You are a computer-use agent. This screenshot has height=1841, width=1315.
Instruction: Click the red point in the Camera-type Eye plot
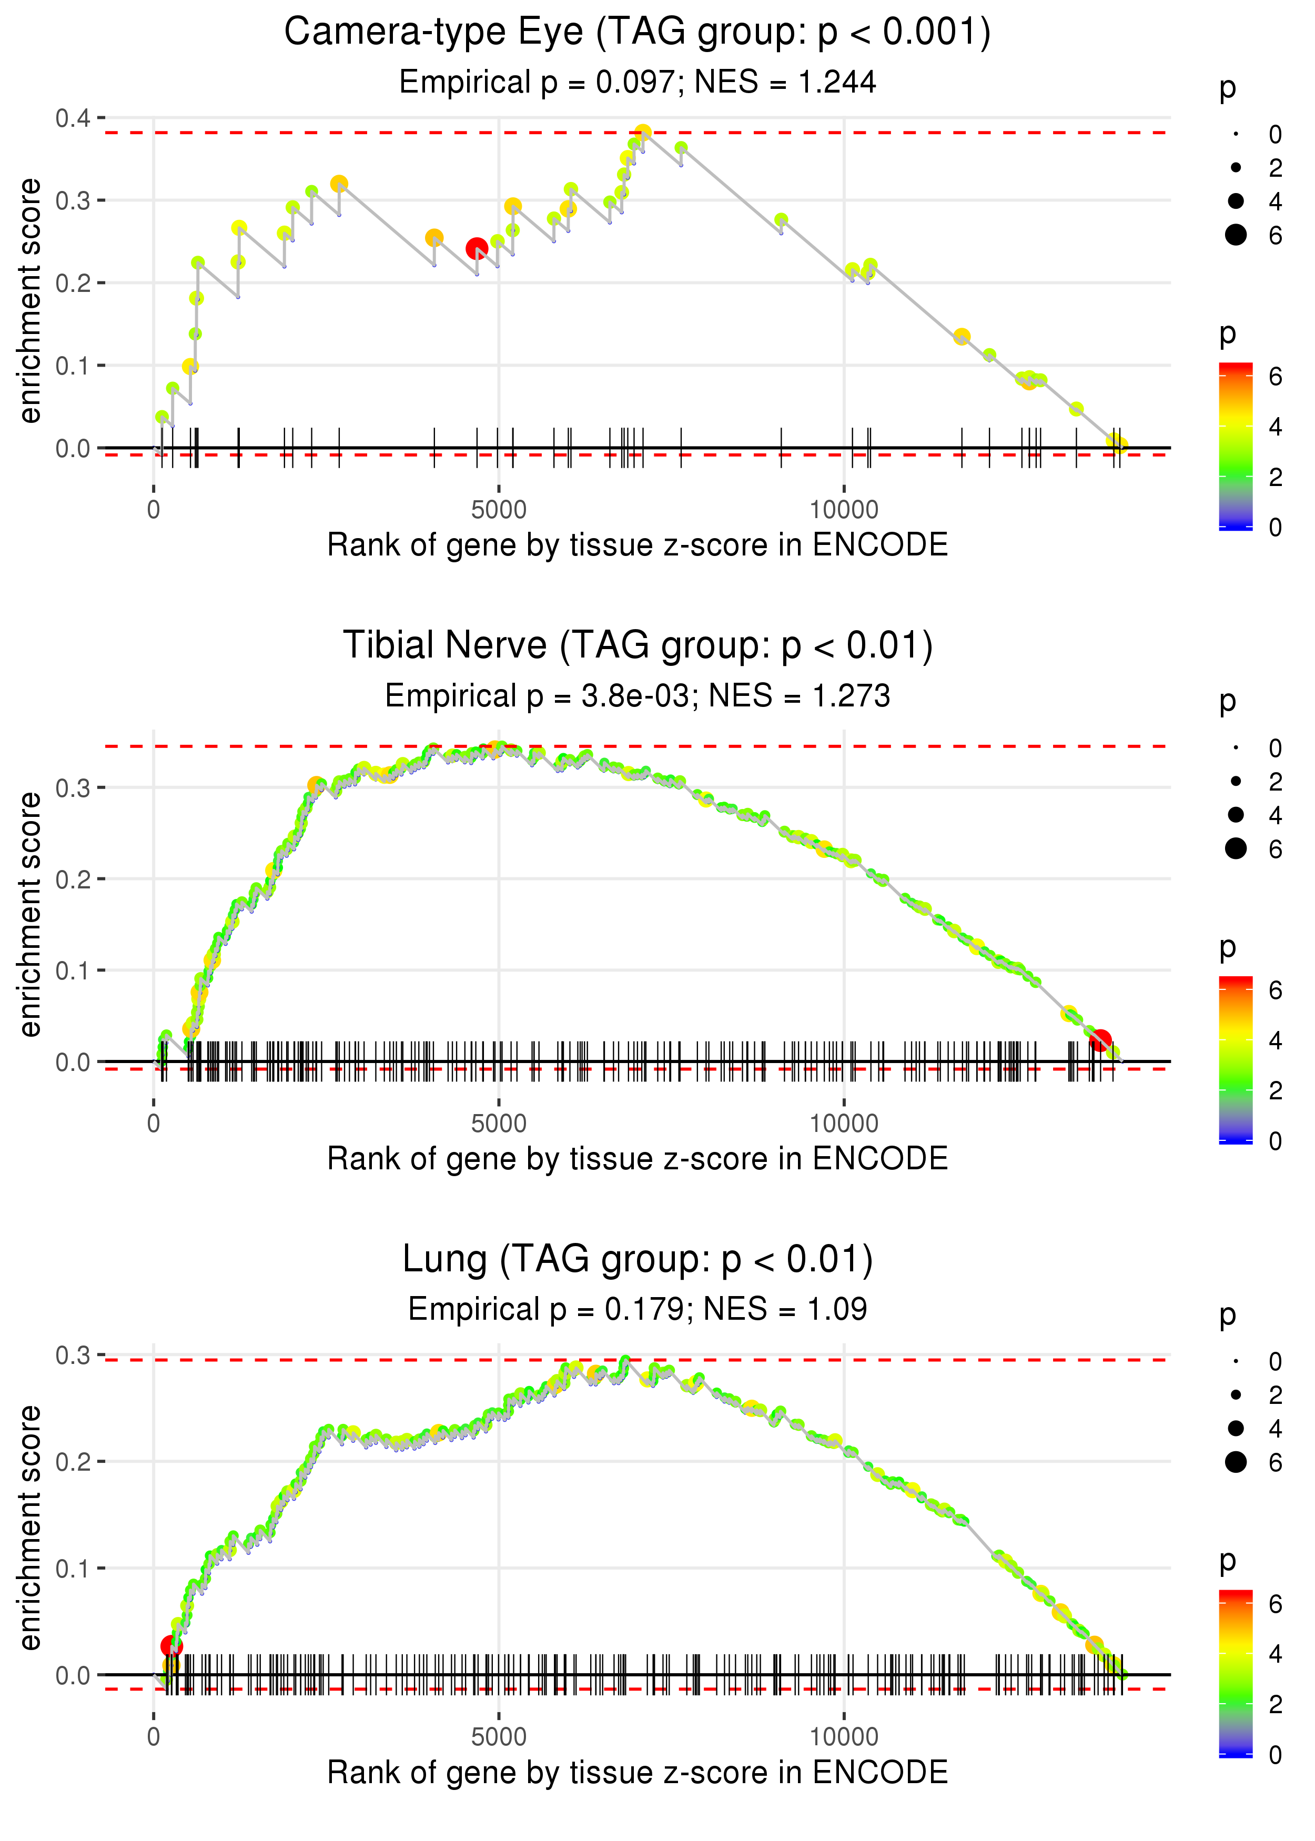coord(476,248)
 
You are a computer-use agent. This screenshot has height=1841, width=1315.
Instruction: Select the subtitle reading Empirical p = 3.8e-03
coord(638,695)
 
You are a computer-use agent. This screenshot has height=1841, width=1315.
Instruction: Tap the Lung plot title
coord(638,1259)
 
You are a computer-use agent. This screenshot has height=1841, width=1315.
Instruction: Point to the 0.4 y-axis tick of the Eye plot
coord(73,118)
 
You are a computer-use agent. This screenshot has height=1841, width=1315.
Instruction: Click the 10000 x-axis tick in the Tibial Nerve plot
coord(844,1124)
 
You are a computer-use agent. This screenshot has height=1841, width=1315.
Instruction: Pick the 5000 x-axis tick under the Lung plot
coord(499,1736)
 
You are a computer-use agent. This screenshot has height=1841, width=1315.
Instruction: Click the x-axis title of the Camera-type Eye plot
coord(638,545)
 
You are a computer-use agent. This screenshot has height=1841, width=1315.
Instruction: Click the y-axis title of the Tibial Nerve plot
coord(30,914)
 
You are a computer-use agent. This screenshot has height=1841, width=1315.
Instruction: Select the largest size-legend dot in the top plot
coord(1236,235)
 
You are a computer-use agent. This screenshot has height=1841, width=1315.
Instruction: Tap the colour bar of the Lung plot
coord(1235,1672)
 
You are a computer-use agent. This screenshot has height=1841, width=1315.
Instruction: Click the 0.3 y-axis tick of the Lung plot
coord(73,1354)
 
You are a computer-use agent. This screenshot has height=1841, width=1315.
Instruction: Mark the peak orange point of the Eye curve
coord(643,133)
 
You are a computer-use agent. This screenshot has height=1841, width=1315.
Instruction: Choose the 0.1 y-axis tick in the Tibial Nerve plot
coord(73,970)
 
